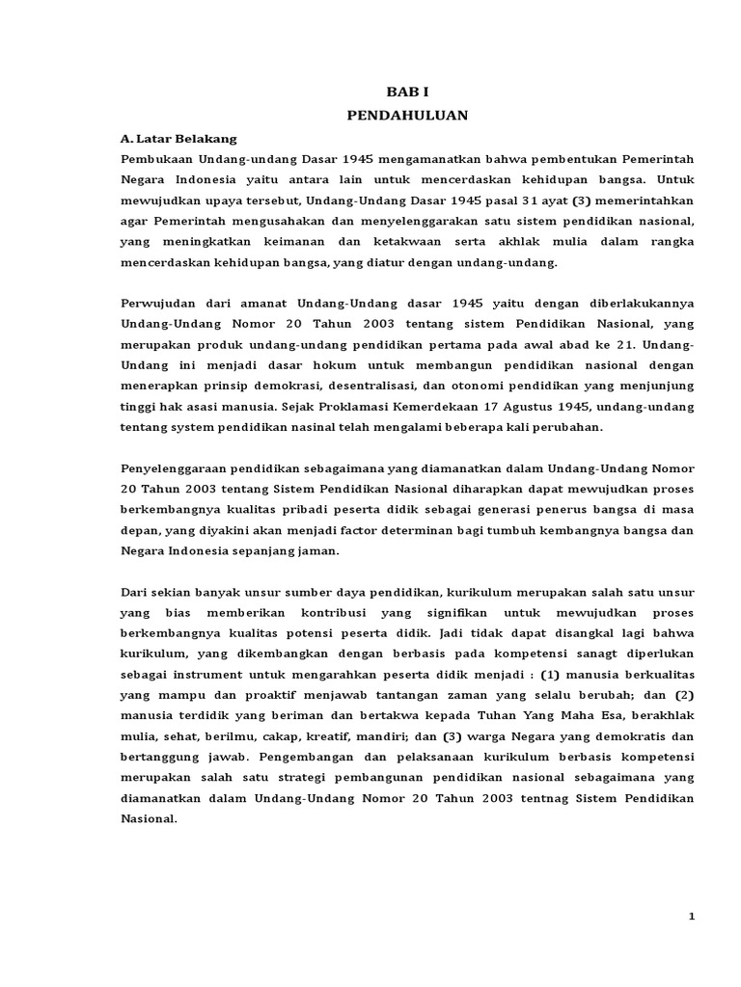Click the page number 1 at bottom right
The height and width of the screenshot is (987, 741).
pyautogui.click(x=692, y=917)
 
